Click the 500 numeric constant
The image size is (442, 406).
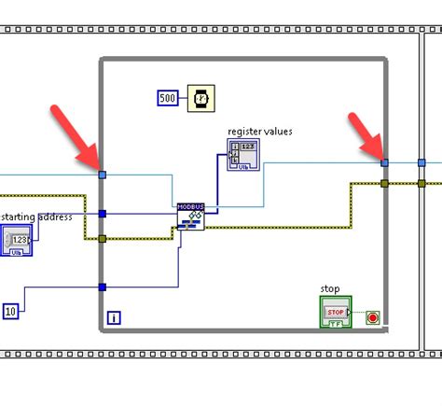click(168, 98)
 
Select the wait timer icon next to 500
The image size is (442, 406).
click(200, 98)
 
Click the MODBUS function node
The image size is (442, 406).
click(190, 217)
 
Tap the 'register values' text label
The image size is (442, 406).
click(260, 131)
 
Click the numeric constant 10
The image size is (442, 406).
click(10, 310)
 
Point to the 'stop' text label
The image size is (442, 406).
click(330, 288)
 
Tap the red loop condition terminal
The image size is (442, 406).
click(373, 317)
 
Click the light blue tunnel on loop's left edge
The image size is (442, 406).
click(103, 174)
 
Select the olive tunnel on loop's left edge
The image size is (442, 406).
click(103, 239)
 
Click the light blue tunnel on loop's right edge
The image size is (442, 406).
click(384, 162)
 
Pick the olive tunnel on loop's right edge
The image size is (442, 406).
click(384, 183)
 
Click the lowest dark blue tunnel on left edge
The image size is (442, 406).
click(103, 287)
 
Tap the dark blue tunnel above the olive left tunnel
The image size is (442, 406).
click(103, 214)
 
